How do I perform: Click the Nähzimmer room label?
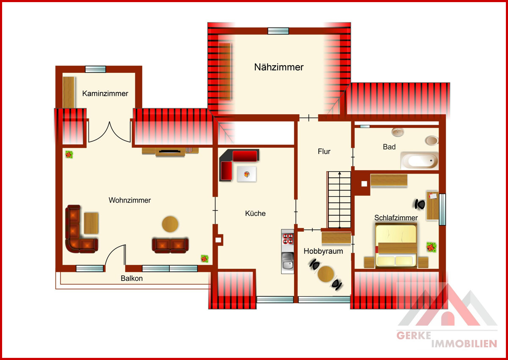[279, 67]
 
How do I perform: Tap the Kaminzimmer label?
[105, 93]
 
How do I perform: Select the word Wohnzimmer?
[130, 200]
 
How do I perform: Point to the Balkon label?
[132, 278]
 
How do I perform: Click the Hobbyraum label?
[323, 251]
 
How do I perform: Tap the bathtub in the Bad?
[420, 161]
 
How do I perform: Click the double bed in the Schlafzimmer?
[396, 245]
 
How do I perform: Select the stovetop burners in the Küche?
[287, 239]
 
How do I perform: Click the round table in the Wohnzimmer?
[170, 224]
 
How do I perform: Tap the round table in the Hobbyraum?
[326, 274]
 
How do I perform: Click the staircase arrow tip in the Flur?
[340, 172]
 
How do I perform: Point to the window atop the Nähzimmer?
[278, 31]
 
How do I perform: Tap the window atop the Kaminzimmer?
[95, 69]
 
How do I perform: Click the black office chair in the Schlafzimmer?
[420, 205]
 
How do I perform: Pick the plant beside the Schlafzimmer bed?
[431, 247]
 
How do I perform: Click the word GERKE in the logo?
[414, 335]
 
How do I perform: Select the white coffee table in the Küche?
[247, 174]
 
